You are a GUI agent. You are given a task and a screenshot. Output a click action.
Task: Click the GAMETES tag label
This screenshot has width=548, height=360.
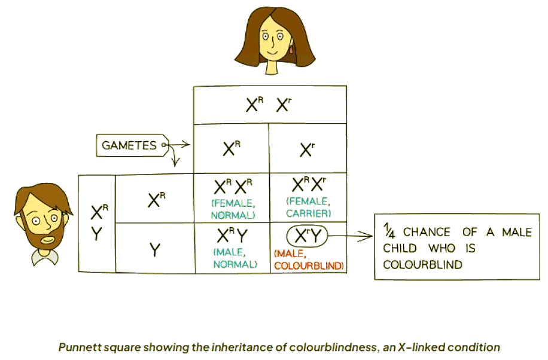tap(129, 145)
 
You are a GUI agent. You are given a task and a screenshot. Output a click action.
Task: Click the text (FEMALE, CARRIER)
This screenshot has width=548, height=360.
tap(308, 207)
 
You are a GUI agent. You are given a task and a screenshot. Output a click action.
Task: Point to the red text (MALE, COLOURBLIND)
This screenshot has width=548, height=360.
tap(308, 260)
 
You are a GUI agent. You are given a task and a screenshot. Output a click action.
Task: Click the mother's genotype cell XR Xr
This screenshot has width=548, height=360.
tap(269, 105)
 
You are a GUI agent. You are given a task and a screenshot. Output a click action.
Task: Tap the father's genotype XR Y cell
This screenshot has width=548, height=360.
tap(97, 223)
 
